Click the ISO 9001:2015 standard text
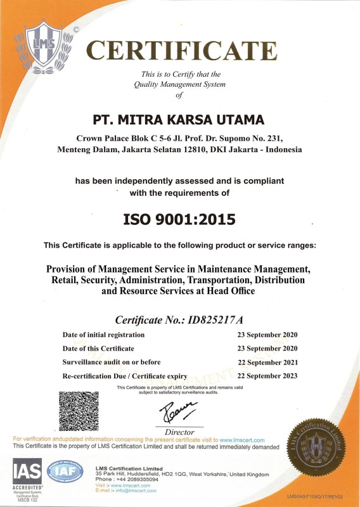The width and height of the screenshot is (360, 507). point(179,219)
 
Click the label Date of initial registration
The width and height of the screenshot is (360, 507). point(103,335)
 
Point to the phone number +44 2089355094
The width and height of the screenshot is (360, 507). point(135,480)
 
